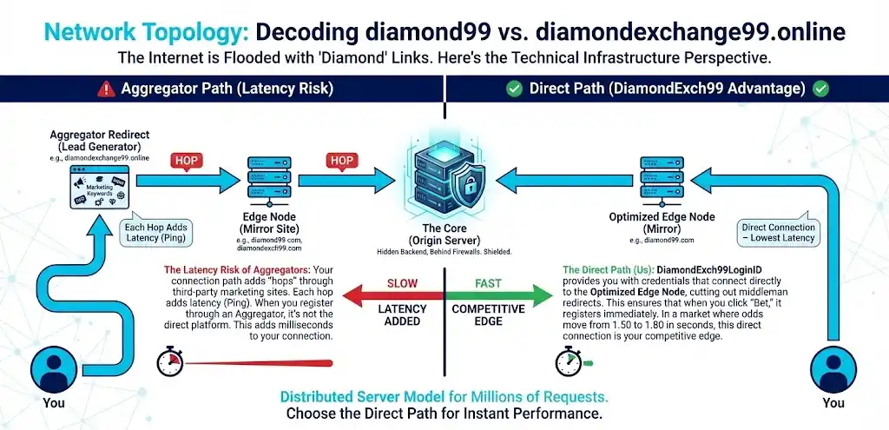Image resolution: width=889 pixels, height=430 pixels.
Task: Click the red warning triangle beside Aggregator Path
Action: click(106, 89)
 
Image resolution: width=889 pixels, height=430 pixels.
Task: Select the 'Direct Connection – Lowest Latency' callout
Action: click(779, 233)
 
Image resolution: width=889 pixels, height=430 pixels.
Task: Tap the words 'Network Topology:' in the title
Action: click(147, 34)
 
